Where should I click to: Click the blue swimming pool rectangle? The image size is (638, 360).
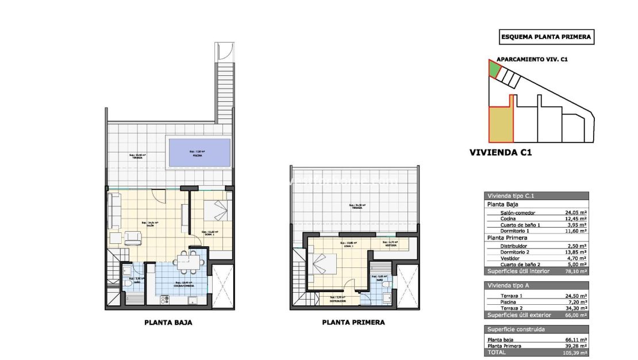(x=198, y=153)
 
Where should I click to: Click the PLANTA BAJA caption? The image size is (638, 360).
(x=168, y=323)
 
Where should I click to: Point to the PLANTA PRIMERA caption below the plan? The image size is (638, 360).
(x=353, y=323)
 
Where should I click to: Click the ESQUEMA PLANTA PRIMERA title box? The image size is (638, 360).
(x=545, y=37)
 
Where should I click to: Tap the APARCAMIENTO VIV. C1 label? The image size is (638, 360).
(x=532, y=59)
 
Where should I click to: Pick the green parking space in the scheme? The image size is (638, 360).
(x=494, y=70)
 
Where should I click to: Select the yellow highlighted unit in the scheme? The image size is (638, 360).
(x=498, y=125)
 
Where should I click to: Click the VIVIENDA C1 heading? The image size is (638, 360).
(x=501, y=153)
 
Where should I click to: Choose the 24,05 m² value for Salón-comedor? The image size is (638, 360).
(x=575, y=212)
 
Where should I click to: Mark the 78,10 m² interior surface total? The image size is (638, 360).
(x=575, y=271)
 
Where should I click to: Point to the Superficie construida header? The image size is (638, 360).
(x=516, y=330)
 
